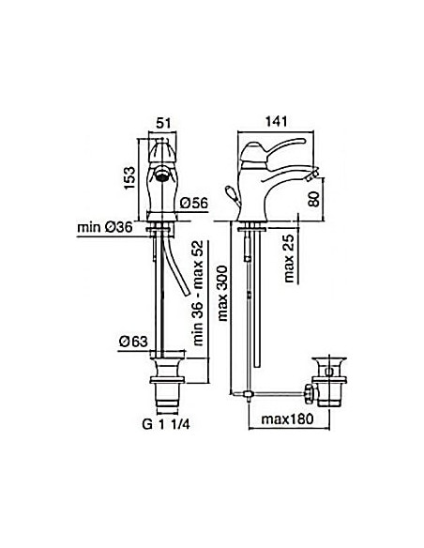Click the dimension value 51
point(163,123)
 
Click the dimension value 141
point(276,121)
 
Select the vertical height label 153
point(129,178)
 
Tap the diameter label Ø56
point(194,203)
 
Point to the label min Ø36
point(105,228)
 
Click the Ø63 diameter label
point(133,342)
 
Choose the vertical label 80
point(314,199)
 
